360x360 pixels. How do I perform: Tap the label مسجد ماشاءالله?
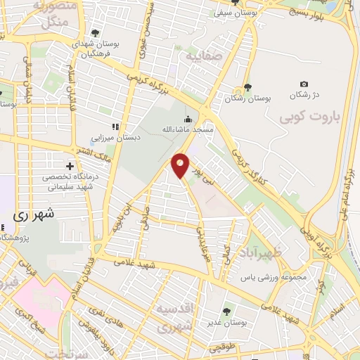click(x=188, y=130)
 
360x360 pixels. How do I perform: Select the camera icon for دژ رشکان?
click(x=304, y=84)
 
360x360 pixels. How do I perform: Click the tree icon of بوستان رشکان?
click(x=247, y=88)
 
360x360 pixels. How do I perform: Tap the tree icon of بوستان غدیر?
click(x=226, y=310)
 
